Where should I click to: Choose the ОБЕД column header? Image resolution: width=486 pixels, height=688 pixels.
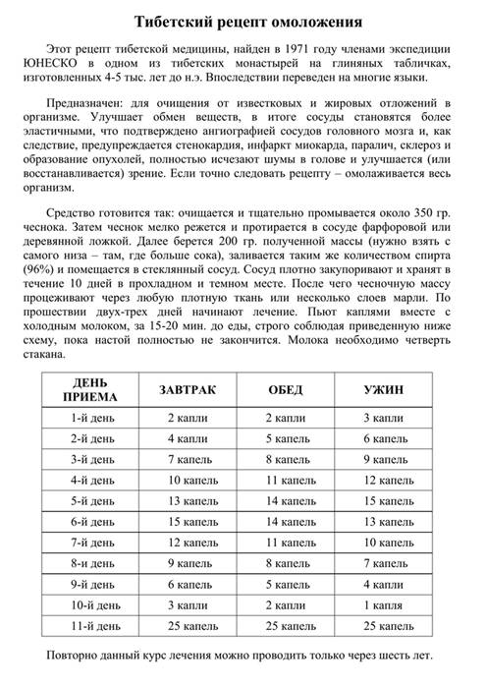point(286,390)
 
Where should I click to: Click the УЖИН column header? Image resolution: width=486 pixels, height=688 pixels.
point(383,390)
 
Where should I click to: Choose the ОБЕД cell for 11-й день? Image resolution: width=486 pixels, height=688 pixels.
point(289,625)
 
